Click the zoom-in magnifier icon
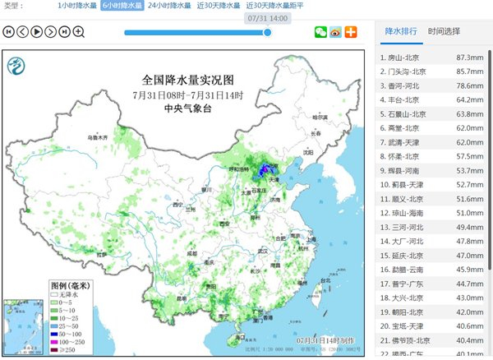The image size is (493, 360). point(79,32)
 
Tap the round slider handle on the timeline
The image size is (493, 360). point(267,32)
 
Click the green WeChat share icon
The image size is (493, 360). point(320,32)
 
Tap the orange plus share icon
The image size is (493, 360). point(351,32)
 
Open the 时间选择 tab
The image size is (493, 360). point(445,31)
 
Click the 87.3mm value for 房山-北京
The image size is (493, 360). point(468,58)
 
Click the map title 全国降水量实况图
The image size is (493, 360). point(188,81)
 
